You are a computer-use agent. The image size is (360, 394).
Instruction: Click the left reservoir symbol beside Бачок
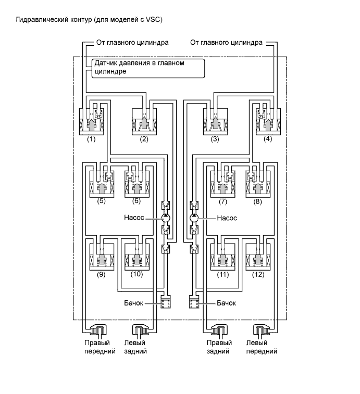point(166,302)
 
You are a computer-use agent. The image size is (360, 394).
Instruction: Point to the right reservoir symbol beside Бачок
point(194,302)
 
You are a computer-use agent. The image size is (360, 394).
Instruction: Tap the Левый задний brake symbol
point(142,331)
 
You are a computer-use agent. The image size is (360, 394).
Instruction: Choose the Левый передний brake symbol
point(263,331)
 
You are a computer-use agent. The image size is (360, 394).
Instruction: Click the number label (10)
point(137,274)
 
